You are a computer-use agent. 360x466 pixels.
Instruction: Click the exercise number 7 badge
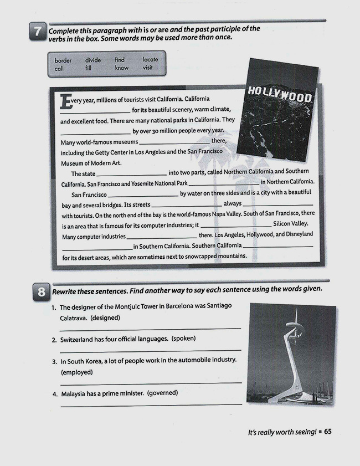click(x=37, y=32)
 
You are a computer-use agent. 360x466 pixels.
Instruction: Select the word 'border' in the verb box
click(x=63, y=60)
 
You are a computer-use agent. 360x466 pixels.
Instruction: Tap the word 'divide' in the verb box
click(x=93, y=60)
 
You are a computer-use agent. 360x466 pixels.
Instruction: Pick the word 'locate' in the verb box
click(x=150, y=60)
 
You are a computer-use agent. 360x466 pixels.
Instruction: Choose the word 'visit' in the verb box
click(x=147, y=68)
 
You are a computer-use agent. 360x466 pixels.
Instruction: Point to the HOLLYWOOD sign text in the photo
click(x=280, y=94)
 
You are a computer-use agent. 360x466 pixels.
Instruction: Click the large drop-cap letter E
click(x=66, y=102)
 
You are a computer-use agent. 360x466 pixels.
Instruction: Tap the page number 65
click(x=327, y=432)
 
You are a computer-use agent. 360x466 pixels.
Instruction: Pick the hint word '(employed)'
click(x=76, y=372)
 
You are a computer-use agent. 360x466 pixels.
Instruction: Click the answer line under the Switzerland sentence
click(x=150, y=350)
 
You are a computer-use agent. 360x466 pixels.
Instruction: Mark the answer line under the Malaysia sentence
click(x=150, y=405)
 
